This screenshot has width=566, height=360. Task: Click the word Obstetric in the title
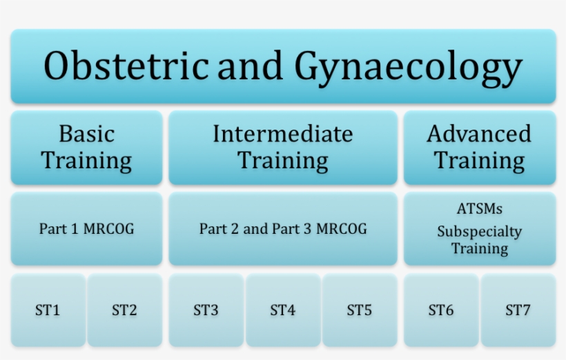coord(126,67)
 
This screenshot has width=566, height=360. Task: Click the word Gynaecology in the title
coord(408,67)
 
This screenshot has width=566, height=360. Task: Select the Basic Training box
coord(86,147)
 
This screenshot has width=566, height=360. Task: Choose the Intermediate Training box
coord(283,147)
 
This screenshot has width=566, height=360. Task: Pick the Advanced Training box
coord(480,147)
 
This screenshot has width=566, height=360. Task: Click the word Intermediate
coord(283,133)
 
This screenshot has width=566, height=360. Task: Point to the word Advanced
coord(480,133)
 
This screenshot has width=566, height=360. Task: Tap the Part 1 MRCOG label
coord(86,229)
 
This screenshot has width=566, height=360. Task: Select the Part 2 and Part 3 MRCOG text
coord(283,229)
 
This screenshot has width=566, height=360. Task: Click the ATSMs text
coord(480,209)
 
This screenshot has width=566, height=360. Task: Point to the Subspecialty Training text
coord(480,239)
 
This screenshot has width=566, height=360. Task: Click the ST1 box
coord(48,310)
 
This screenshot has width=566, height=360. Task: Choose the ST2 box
coord(124,310)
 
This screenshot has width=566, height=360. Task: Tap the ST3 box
coord(206,310)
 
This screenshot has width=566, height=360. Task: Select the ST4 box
coord(283,310)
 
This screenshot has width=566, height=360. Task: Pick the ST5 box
coord(360,310)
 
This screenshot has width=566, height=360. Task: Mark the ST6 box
coord(441,310)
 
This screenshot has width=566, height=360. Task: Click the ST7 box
coord(518,310)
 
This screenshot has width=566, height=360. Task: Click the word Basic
coord(86,133)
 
